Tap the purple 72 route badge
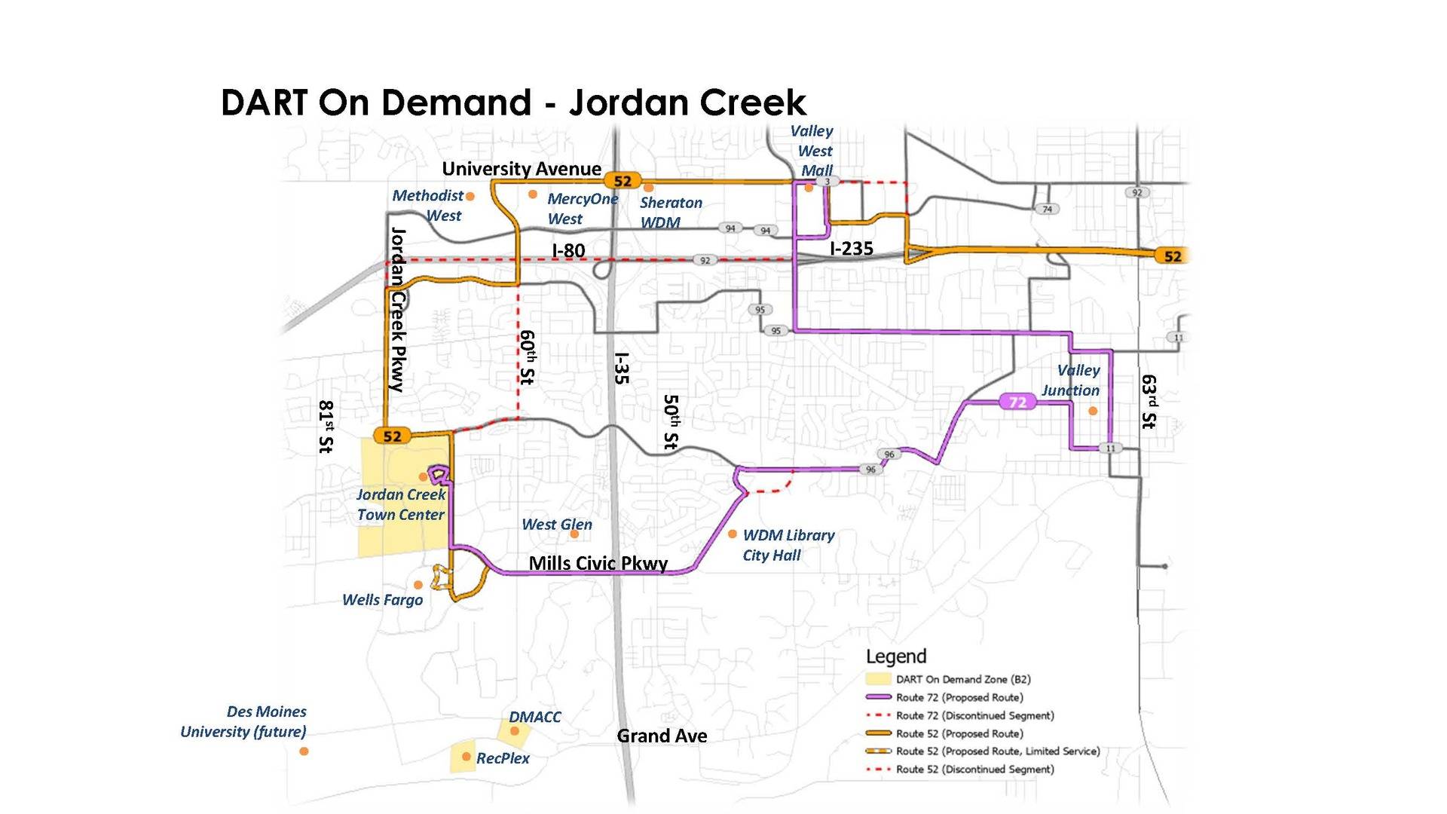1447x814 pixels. [1017, 402]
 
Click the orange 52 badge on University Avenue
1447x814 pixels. [623, 181]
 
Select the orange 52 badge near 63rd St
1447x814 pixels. [1173, 256]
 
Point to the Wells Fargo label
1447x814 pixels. [382, 600]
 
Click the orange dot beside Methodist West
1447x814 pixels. [470, 197]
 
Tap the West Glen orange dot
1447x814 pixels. [574, 534]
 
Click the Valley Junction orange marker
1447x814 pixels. [1093, 411]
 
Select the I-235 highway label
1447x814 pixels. [851, 248]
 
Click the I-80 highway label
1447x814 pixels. [568, 250]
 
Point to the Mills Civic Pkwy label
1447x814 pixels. [598, 563]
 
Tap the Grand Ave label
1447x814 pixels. [662, 736]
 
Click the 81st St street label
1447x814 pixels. [326, 427]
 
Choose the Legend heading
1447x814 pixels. [895, 656]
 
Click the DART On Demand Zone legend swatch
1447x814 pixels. [878, 679]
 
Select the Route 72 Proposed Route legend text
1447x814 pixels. [959, 698]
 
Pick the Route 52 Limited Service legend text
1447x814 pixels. [997, 751]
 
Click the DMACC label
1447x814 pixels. [534, 717]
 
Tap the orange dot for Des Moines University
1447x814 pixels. [304, 751]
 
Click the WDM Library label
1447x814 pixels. [788, 535]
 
